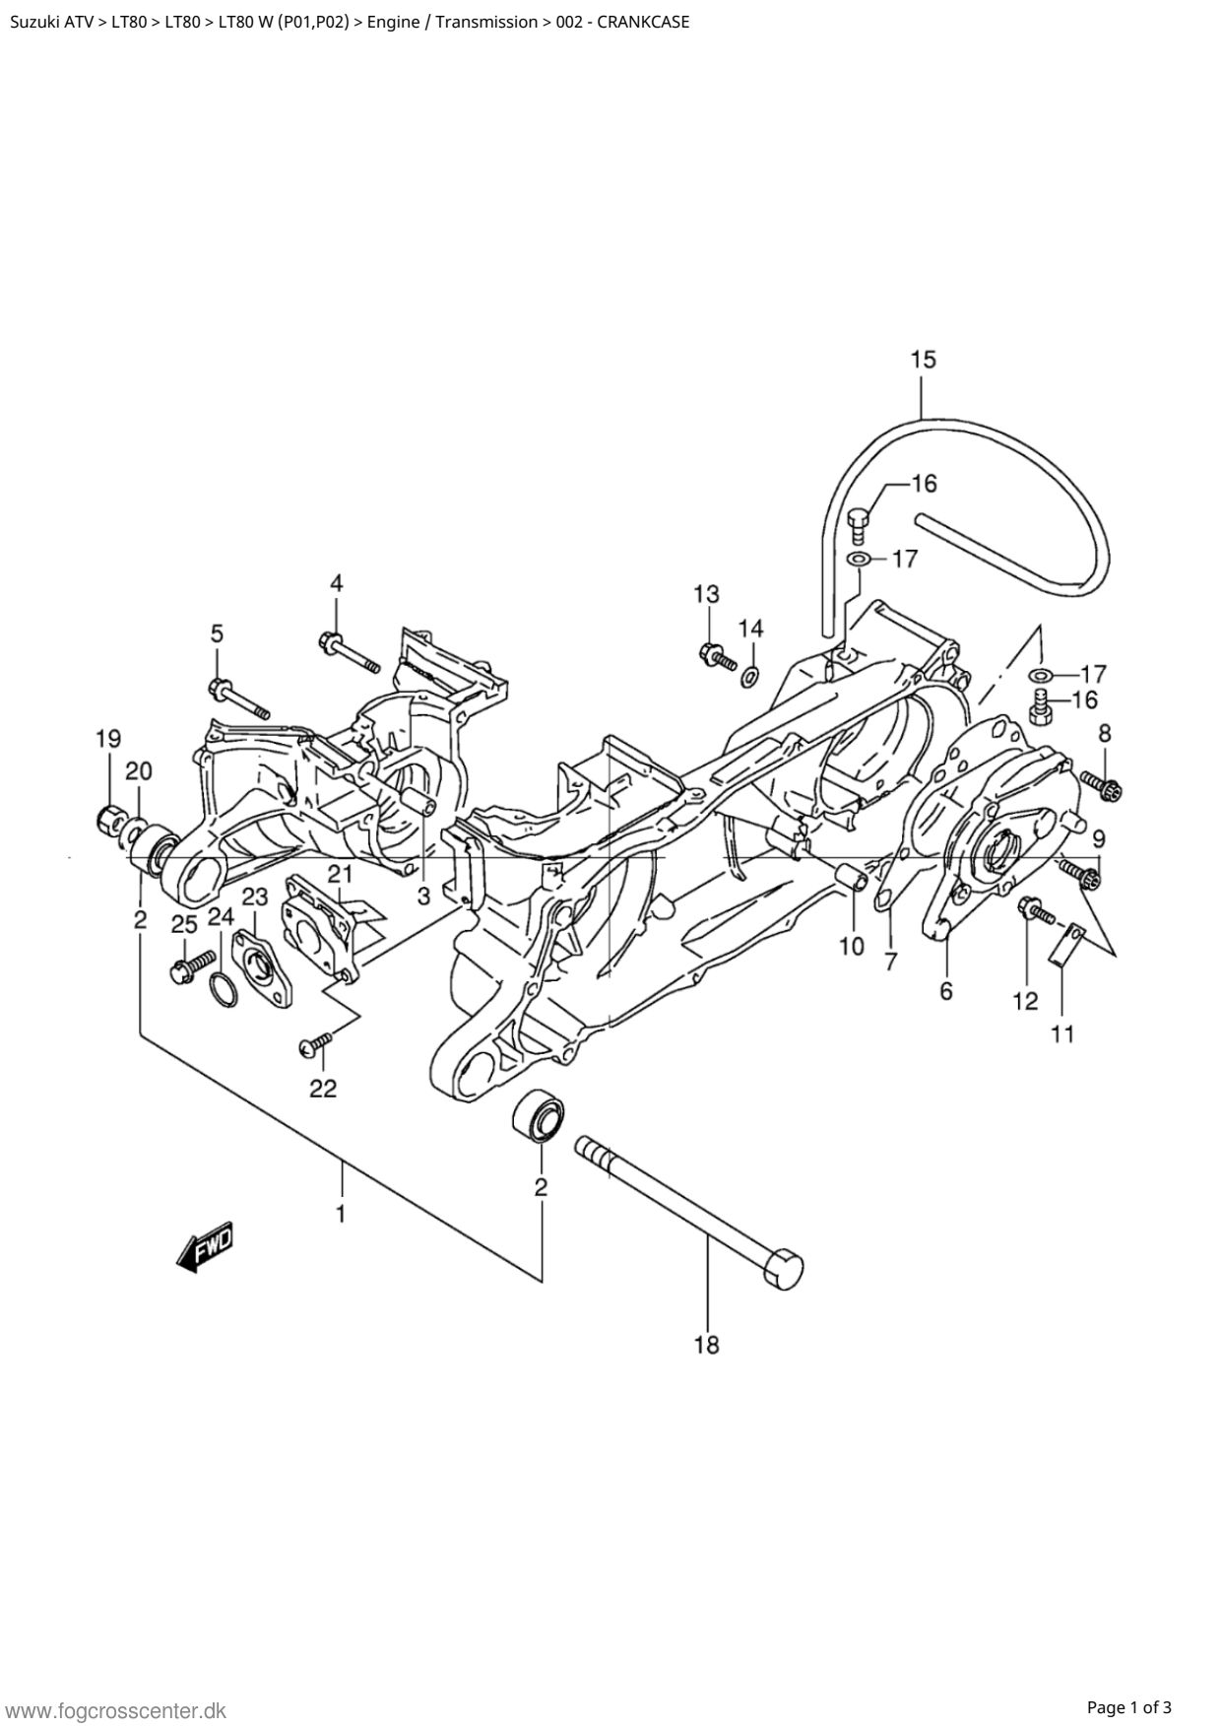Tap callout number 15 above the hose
pyautogui.click(x=923, y=359)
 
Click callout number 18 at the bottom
pyautogui.click(x=707, y=1344)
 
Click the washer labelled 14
pyautogui.click(x=749, y=676)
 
